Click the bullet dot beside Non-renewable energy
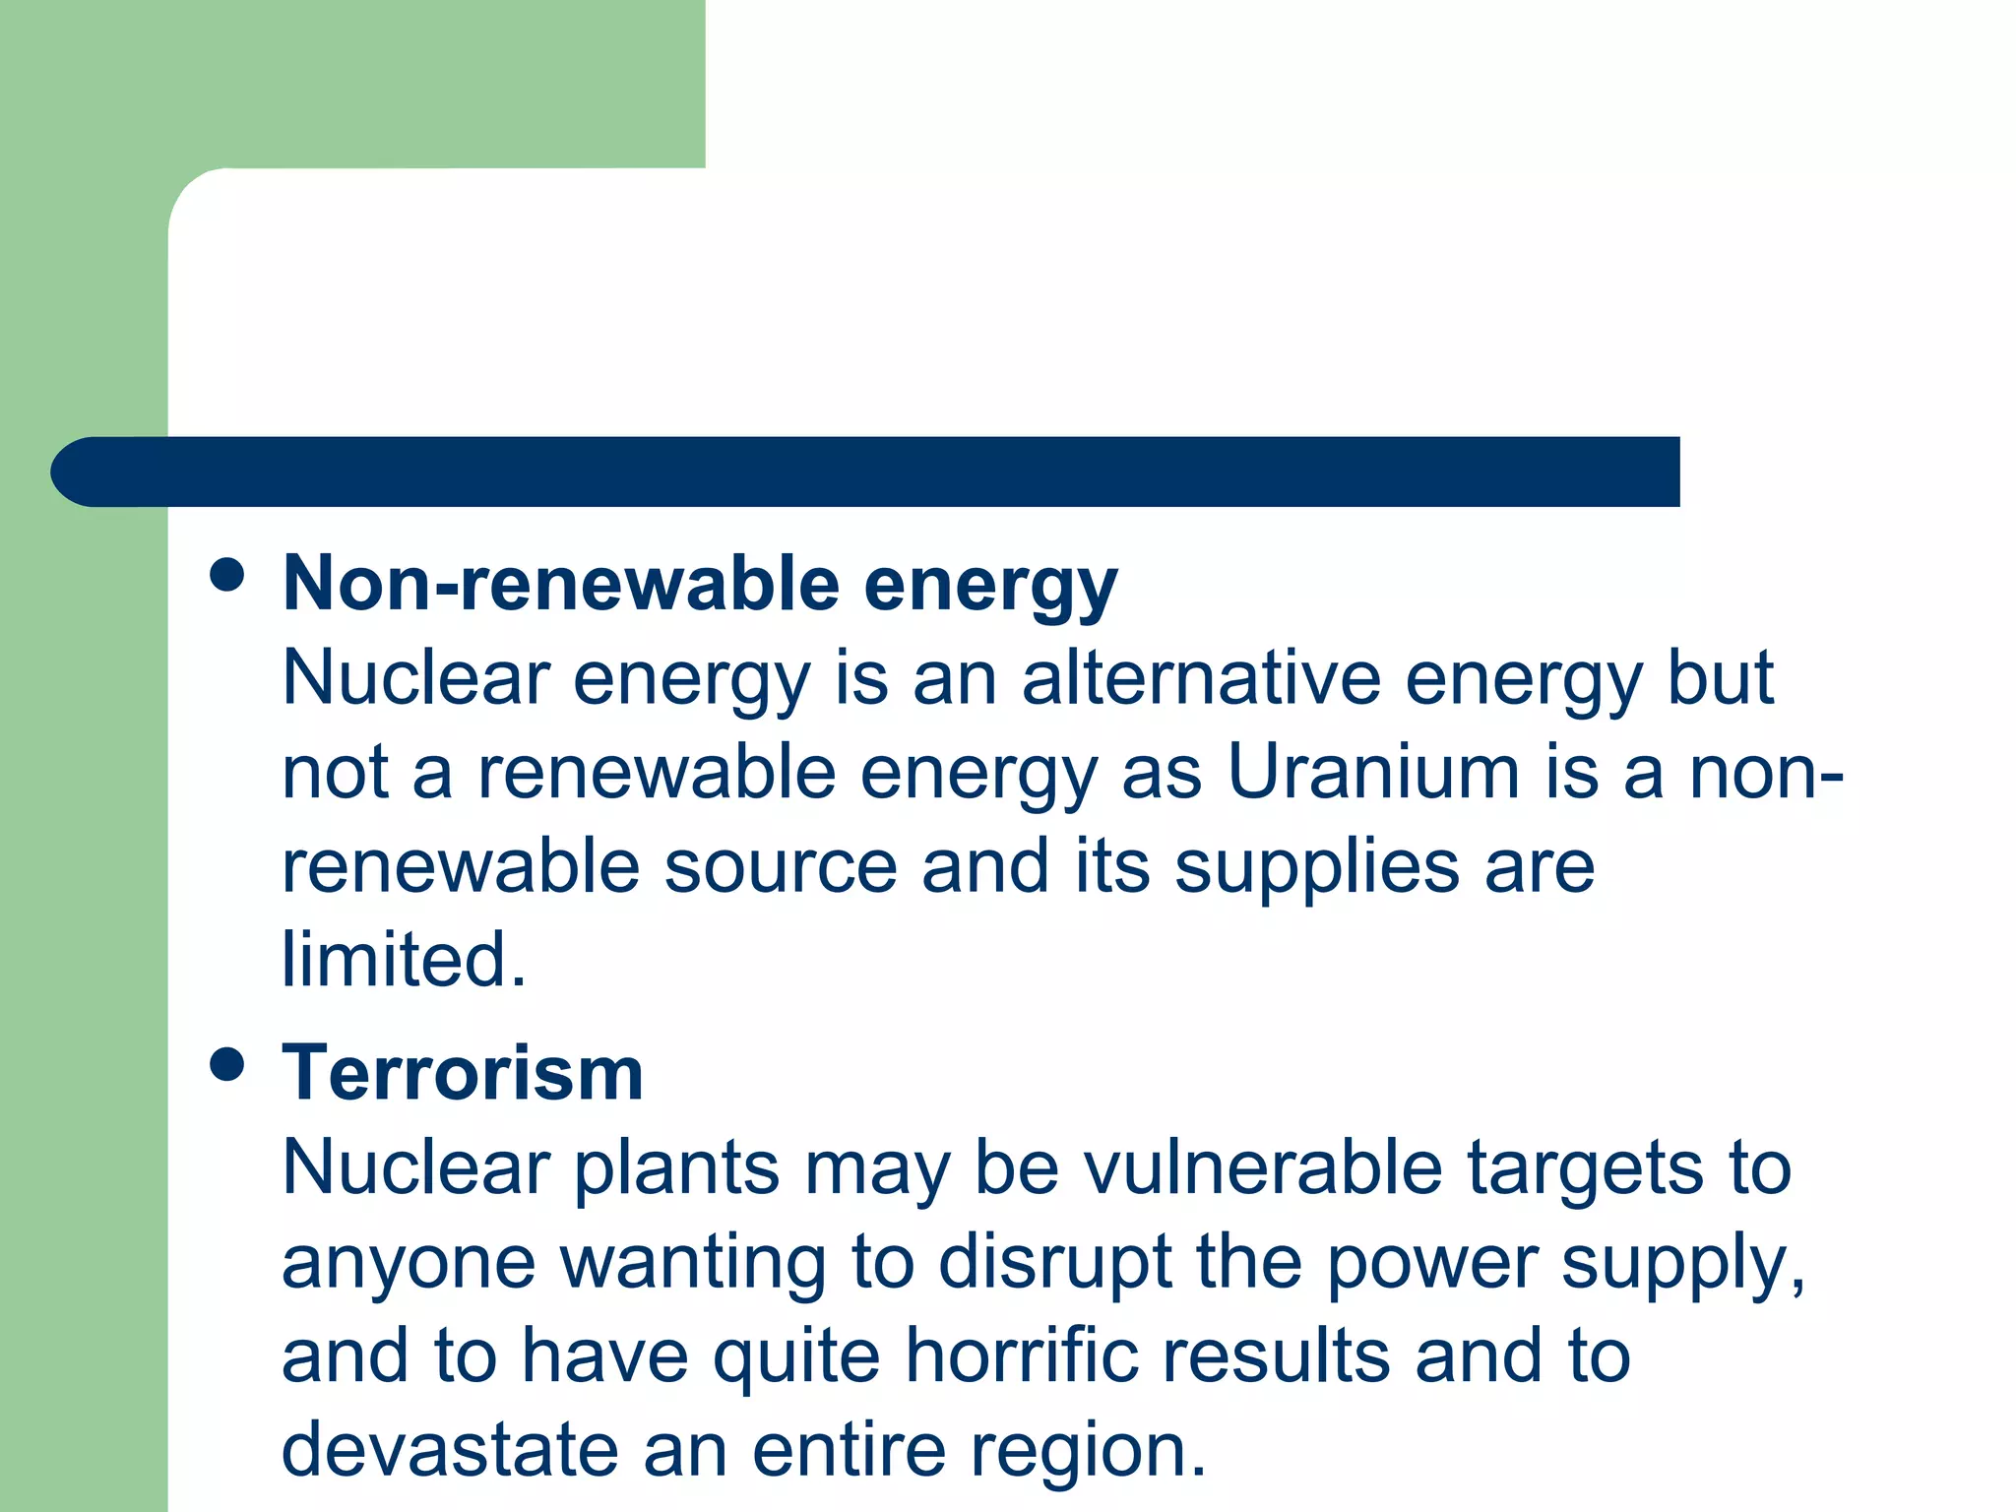point(227,575)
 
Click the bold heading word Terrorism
point(463,1073)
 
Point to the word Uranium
point(1373,772)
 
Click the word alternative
point(1201,678)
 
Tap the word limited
point(404,959)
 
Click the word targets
point(1585,1167)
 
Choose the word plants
point(677,1169)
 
